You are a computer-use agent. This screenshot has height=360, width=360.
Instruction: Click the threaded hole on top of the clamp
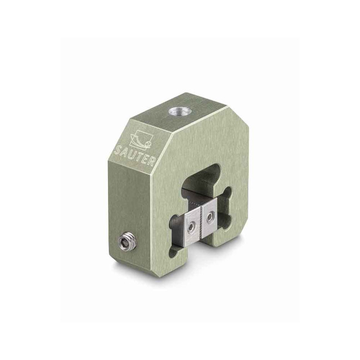pyautogui.click(x=177, y=112)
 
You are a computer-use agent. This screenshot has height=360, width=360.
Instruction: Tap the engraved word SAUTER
pyautogui.click(x=135, y=156)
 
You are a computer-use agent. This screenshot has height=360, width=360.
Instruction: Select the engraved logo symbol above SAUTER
pyautogui.click(x=140, y=140)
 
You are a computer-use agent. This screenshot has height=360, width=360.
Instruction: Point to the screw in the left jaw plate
pyautogui.click(x=191, y=228)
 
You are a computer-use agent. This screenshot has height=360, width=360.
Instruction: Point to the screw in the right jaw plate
pyautogui.click(x=209, y=216)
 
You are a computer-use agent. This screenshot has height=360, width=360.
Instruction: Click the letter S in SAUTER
pyautogui.click(x=117, y=151)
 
